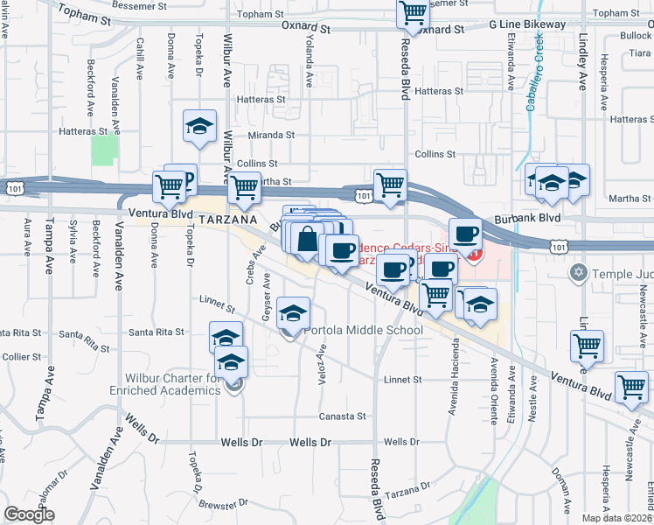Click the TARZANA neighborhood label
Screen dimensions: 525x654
(x=227, y=220)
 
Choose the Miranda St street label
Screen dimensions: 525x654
(x=270, y=136)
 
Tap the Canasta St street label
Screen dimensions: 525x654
(x=342, y=416)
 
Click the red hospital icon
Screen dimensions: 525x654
(x=476, y=255)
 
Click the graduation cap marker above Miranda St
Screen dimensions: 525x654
(x=199, y=128)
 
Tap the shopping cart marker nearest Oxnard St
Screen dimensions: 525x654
(x=413, y=13)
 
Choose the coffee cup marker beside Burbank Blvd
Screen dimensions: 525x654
(x=465, y=234)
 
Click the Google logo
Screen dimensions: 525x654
(x=30, y=514)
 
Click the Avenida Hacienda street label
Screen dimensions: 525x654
(x=454, y=386)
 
